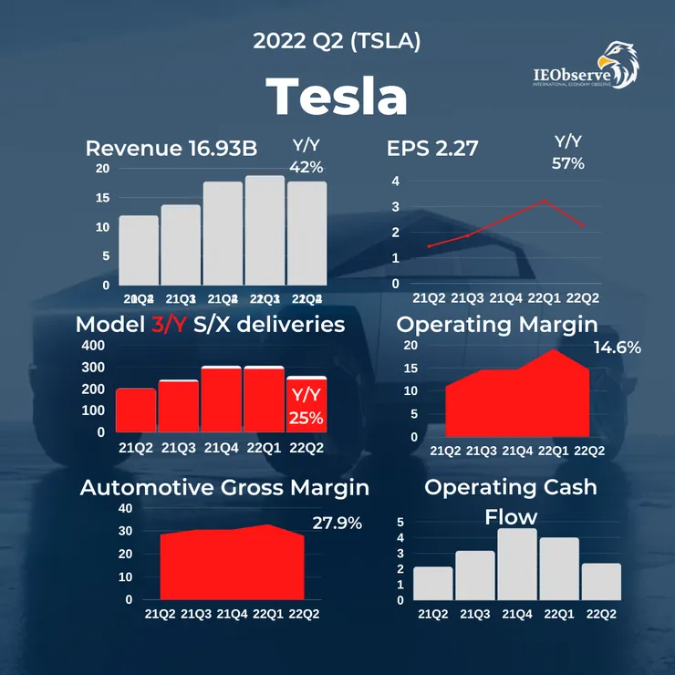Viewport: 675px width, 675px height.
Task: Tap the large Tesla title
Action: pyautogui.click(x=337, y=95)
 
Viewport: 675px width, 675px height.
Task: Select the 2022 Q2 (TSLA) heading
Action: pyautogui.click(x=337, y=41)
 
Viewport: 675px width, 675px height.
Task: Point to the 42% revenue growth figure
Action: pyautogui.click(x=307, y=167)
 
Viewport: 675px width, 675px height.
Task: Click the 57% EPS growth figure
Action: pyautogui.click(x=568, y=163)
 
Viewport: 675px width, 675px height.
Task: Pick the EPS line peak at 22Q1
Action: pyautogui.click(x=544, y=201)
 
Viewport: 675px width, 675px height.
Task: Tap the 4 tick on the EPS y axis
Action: pyautogui.click(x=396, y=182)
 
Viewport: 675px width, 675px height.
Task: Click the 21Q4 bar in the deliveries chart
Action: pyautogui.click(x=222, y=399)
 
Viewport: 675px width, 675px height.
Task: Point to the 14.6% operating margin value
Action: pyautogui.click(x=617, y=348)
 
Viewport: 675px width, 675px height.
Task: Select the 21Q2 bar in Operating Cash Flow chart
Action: pyautogui.click(x=433, y=583)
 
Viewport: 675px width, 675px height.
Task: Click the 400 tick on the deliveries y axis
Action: pyautogui.click(x=95, y=346)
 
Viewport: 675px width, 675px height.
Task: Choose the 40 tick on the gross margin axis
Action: pyautogui.click(x=125, y=508)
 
